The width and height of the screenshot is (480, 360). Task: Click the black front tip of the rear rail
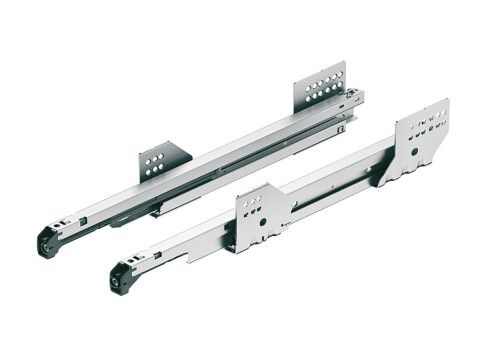tap(48, 240)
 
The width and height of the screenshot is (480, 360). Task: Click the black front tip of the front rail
tap(122, 277)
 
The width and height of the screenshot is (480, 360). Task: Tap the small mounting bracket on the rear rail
tap(164, 160)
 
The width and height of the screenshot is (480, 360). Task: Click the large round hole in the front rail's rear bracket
tap(413, 148)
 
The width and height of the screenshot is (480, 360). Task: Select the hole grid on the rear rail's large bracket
tap(322, 85)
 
